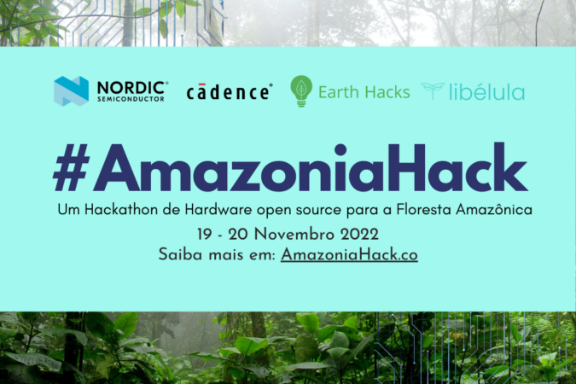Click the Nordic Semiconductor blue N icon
click(72, 90)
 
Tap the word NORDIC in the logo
click(131, 88)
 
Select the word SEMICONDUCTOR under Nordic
click(131, 99)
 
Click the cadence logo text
click(229, 92)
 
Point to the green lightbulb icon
click(301, 91)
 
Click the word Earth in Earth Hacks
click(338, 92)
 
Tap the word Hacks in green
click(387, 92)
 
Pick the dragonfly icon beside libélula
click(433, 90)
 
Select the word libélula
click(486, 92)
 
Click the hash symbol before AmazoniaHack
click(72, 167)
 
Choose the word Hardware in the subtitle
click(218, 209)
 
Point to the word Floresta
click(424, 209)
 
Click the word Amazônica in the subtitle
click(494, 209)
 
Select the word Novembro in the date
click(294, 235)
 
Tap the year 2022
click(359, 235)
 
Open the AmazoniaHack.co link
click(349, 254)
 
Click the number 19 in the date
click(204, 235)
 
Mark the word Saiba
click(180, 254)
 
